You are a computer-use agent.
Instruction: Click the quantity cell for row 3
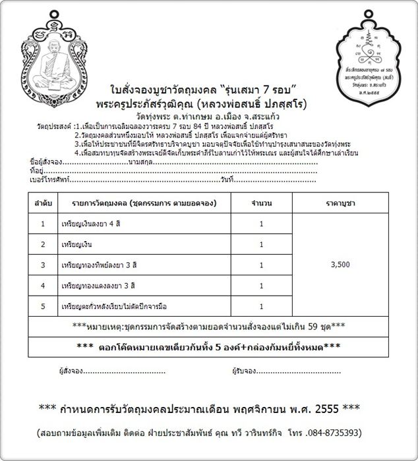click(x=261, y=265)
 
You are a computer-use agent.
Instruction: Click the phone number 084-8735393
click(x=336, y=433)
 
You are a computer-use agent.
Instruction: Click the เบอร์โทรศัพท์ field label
click(x=49, y=160)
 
